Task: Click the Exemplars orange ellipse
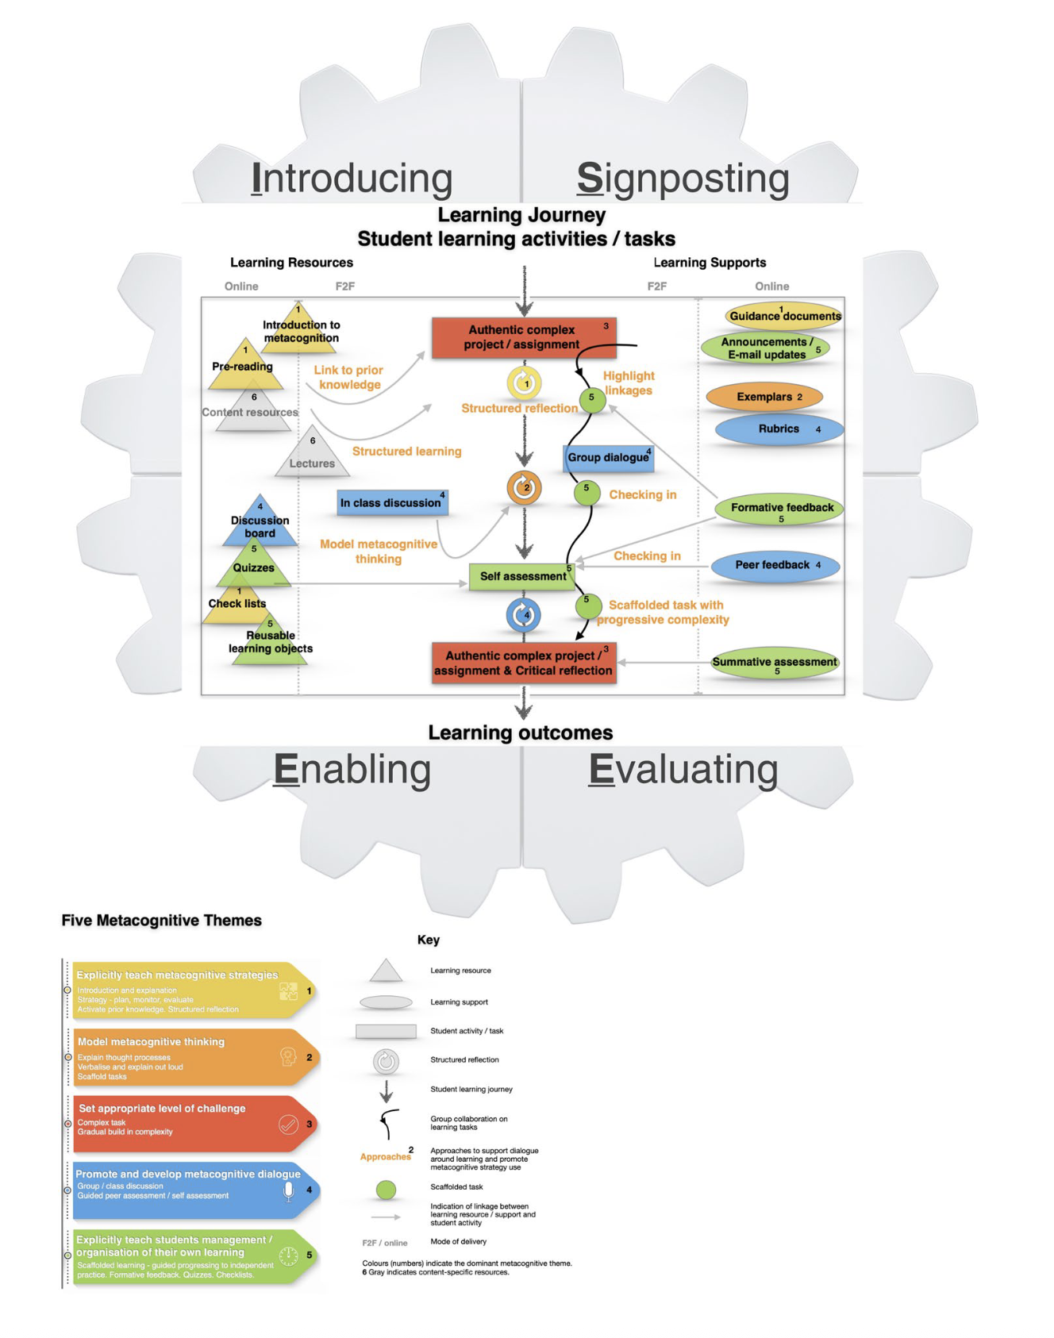coord(764,397)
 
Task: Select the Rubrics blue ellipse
coord(779,429)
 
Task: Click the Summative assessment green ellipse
coord(775,663)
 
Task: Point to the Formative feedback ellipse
coord(779,509)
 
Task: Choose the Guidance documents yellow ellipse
coord(783,316)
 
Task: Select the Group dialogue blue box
coord(608,458)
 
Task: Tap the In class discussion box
coord(392,503)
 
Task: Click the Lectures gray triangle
coord(312,457)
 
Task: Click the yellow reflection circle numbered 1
coord(524,383)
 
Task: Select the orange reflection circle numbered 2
coord(524,488)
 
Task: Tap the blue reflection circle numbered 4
coord(523,615)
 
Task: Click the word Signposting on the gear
coord(683,179)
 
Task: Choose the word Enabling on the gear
coord(352,770)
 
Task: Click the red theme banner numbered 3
coord(194,1124)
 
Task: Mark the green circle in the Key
coord(386,1189)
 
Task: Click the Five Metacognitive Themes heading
coord(161,921)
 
